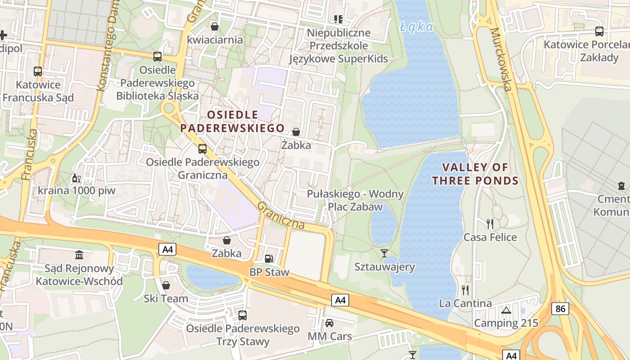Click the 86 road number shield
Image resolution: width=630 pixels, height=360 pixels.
(x=560, y=309)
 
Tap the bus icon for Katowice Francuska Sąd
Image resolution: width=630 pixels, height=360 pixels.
(x=38, y=72)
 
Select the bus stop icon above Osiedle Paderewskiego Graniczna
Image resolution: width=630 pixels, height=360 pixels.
(x=202, y=148)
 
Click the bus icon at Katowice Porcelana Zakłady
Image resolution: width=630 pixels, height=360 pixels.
(x=599, y=31)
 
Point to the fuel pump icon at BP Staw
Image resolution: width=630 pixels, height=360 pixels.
(x=269, y=258)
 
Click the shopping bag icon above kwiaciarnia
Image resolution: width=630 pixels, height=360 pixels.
(x=215, y=27)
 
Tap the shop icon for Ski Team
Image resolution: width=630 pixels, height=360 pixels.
(x=166, y=285)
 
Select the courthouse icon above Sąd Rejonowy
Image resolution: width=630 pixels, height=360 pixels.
(x=80, y=255)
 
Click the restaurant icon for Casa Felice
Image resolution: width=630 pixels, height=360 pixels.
(x=490, y=224)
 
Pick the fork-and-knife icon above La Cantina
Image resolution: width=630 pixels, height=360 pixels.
(x=465, y=290)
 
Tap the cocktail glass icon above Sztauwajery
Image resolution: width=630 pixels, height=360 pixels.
(x=384, y=253)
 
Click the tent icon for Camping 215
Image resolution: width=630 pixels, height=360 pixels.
(x=506, y=310)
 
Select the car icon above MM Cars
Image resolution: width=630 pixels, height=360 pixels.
(x=329, y=323)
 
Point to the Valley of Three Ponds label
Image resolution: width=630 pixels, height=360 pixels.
(x=475, y=174)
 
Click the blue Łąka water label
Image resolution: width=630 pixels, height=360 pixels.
(x=417, y=27)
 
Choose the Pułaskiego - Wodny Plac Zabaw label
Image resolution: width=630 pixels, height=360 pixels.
(x=355, y=200)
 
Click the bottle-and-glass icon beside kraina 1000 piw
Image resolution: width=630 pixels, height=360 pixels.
(x=76, y=178)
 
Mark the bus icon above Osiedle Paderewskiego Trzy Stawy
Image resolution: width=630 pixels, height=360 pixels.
(x=243, y=315)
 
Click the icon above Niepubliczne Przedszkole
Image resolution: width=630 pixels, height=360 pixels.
(x=338, y=19)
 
